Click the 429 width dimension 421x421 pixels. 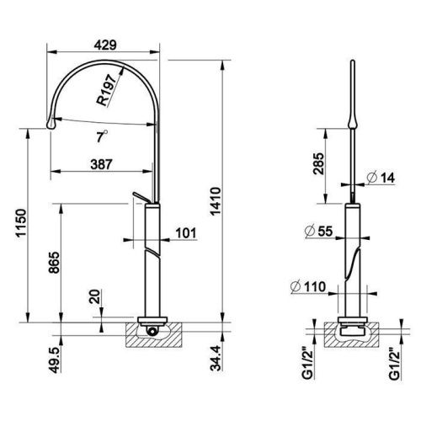(x=105, y=45)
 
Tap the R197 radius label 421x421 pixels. (x=107, y=90)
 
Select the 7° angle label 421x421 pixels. (x=102, y=136)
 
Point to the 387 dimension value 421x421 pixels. (x=101, y=164)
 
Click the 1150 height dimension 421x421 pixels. (x=21, y=223)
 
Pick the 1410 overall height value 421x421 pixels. (x=216, y=201)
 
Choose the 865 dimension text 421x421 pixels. (x=54, y=263)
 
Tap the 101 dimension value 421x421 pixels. (x=186, y=233)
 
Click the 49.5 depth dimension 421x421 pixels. (x=55, y=360)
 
